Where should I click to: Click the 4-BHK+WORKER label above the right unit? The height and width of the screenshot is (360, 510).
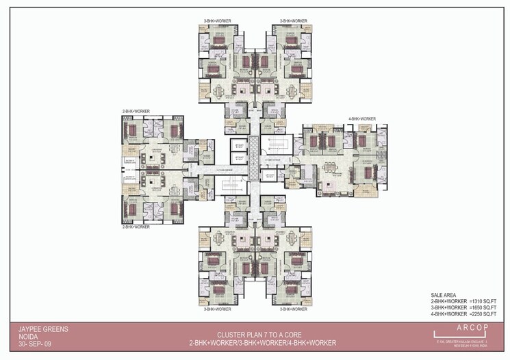361,118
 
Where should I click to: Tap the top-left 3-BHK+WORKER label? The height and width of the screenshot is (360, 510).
217,21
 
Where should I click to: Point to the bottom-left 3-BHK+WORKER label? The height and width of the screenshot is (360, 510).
217,309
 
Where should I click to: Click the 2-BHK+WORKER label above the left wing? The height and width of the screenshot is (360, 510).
136,110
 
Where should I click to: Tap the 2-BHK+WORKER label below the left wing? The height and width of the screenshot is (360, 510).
136,226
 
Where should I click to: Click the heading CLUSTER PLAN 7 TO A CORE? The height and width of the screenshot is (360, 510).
254,334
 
